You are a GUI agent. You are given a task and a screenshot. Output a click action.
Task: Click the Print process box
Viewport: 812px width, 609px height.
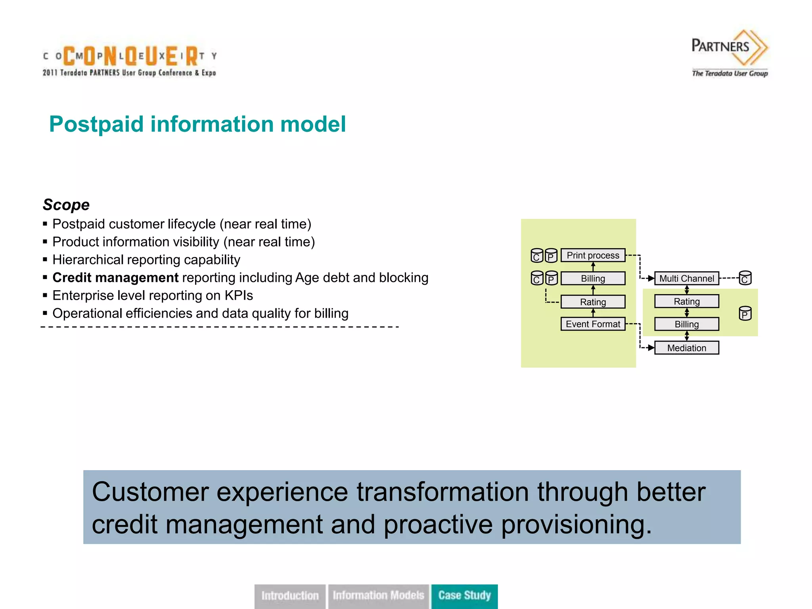coord(593,255)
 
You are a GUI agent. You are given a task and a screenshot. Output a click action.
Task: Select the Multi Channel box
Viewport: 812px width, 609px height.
coord(686,278)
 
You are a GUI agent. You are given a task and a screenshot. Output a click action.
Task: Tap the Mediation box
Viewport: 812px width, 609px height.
coord(686,348)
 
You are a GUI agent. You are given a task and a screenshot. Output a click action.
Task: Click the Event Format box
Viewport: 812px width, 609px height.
coord(593,324)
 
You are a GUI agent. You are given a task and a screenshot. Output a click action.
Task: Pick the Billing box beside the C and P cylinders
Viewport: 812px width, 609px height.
coord(593,278)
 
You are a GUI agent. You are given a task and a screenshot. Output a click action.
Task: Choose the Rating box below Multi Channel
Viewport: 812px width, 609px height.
coord(686,301)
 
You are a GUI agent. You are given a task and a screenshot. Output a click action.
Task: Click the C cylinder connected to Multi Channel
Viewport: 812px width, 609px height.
coord(745,278)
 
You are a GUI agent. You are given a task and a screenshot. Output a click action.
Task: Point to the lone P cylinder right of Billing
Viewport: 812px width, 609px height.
coord(745,314)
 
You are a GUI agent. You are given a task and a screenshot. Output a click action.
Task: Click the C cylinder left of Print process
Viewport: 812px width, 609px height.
coord(536,256)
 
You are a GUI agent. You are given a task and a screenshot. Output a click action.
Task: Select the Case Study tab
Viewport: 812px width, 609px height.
coord(464,596)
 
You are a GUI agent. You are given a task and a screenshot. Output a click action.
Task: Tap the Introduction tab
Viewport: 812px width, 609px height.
coord(290,596)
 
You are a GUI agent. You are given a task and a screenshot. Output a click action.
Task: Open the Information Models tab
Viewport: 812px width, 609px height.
coord(378,596)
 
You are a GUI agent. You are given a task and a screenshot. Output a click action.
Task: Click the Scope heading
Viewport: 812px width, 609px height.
coord(66,205)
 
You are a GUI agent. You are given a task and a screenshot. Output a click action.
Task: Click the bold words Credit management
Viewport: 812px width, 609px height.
coord(115,278)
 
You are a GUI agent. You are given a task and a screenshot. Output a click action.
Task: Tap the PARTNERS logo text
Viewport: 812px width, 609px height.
coord(720,46)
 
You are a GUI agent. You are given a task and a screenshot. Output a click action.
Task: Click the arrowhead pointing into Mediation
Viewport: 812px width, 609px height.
coord(651,348)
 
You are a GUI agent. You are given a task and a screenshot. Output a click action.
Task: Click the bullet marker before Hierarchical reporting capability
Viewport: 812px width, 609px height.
coord(45,260)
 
